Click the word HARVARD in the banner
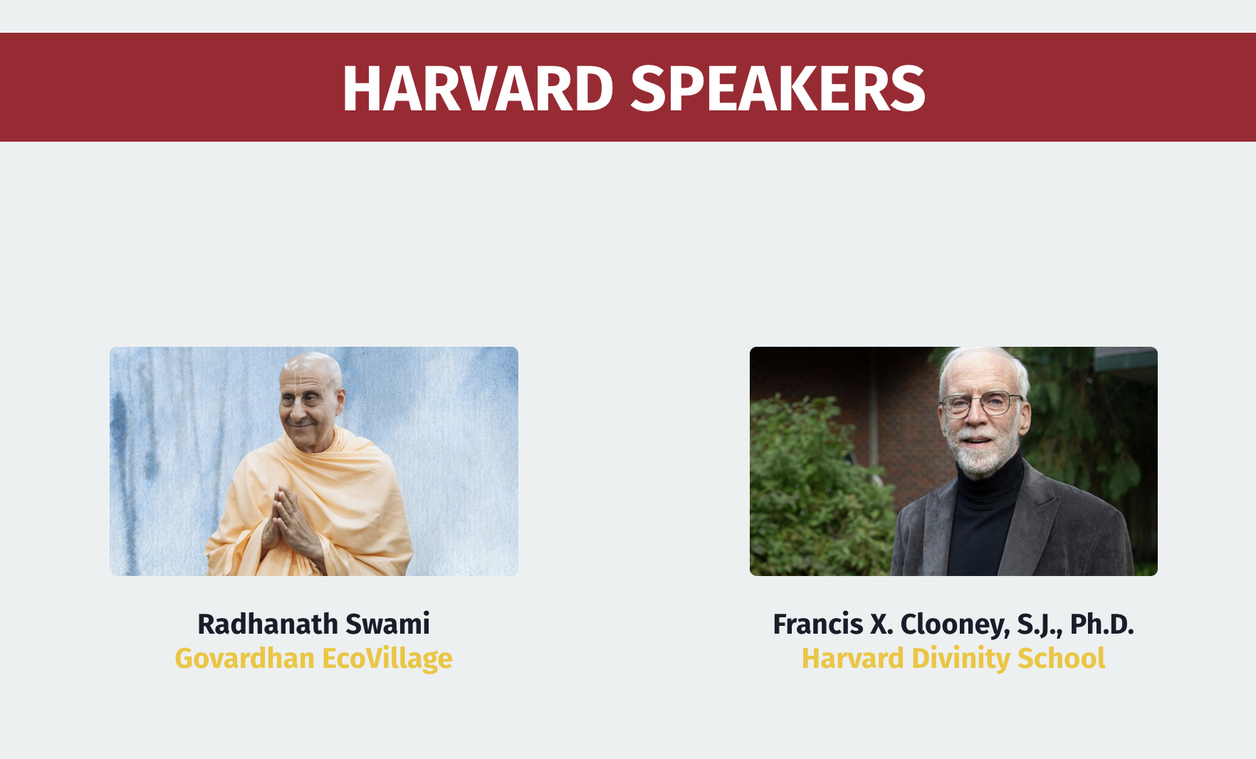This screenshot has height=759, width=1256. (478, 89)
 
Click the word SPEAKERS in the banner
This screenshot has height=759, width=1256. (778, 89)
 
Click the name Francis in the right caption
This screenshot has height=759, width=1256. (817, 624)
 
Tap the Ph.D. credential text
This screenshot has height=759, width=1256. (1101, 624)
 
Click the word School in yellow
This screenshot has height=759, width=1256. (1061, 658)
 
